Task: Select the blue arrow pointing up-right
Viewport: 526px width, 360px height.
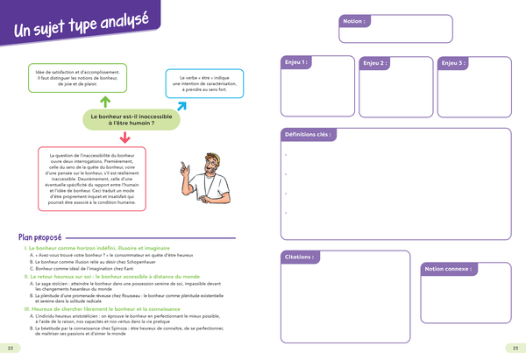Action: click(x=181, y=107)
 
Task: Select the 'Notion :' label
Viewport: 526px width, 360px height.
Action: click(x=354, y=20)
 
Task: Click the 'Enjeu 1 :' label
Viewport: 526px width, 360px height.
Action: click(x=295, y=63)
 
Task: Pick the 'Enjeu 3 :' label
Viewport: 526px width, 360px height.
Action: click(x=453, y=63)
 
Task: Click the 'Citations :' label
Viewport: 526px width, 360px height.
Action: click(x=300, y=258)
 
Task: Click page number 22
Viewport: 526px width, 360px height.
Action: click(x=10, y=349)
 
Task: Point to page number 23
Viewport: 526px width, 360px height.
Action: click(x=515, y=349)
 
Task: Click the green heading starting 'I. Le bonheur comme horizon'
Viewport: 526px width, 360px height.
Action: click(x=94, y=249)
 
